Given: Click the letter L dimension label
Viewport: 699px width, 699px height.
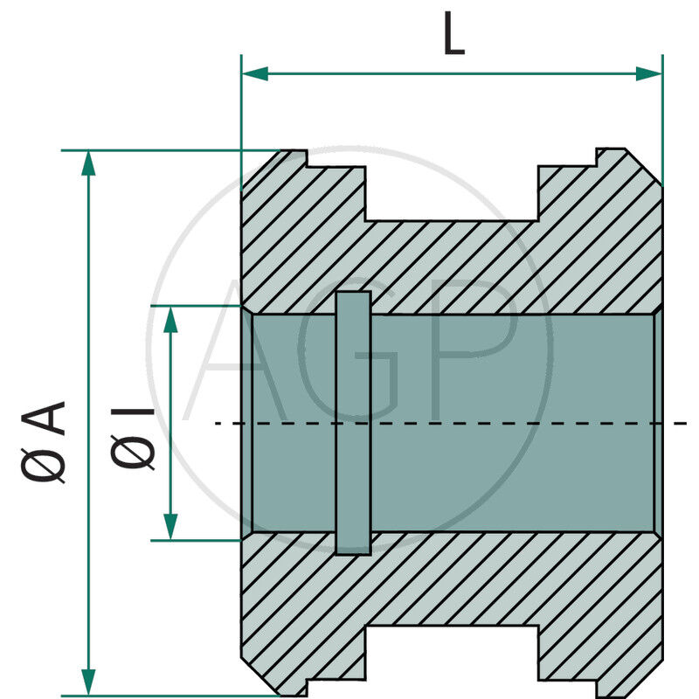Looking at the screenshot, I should point(453,37).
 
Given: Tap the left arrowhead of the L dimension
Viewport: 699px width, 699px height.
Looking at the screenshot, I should point(254,73).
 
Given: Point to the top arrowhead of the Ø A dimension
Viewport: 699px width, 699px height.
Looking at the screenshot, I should point(87,163).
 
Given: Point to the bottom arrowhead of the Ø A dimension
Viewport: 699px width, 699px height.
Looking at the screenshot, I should point(87,682).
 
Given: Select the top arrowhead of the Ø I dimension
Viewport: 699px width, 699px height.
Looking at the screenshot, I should point(171,319).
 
